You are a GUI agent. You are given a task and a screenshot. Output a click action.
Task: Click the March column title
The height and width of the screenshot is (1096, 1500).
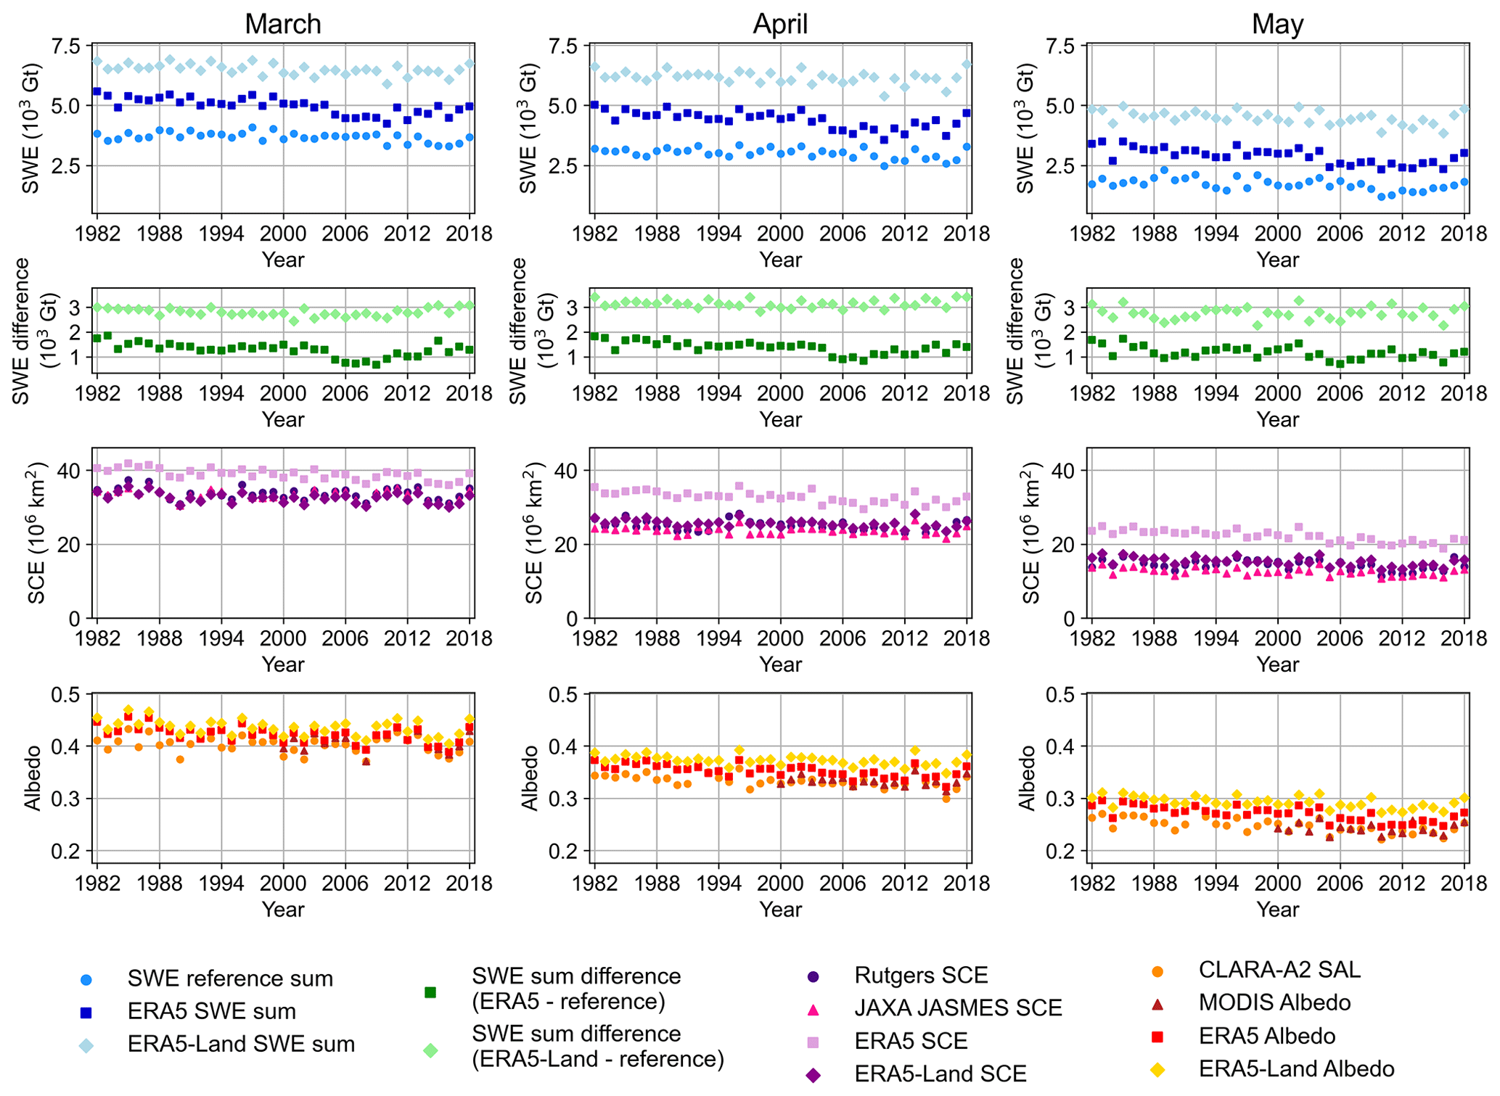click(282, 24)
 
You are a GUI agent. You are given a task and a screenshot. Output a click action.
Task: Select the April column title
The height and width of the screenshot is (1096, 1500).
click(780, 24)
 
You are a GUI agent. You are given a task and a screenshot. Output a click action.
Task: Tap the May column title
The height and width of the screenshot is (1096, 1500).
click(1277, 24)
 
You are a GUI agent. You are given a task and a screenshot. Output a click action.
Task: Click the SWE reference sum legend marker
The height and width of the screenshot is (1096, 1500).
click(86, 980)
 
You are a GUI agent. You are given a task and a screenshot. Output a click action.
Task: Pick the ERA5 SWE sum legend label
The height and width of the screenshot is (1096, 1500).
click(211, 1011)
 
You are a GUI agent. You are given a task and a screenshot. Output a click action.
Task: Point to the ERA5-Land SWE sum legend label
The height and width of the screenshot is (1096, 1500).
click(241, 1044)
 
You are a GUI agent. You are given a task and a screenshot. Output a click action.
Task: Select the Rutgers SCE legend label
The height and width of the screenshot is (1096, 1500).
click(921, 975)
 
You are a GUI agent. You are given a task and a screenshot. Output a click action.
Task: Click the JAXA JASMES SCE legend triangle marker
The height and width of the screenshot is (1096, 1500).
click(813, 1009)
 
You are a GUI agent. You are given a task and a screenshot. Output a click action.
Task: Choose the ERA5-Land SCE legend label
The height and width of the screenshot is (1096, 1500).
click(940, 1074)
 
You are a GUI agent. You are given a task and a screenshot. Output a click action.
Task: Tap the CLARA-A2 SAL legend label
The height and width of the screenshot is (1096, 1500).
click(1279, 970)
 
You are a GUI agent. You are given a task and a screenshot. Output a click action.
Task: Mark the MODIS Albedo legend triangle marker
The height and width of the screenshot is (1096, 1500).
click(1158, 1004)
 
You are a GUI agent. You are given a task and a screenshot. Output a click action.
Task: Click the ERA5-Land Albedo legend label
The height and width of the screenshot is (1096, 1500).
click(1296, 1068)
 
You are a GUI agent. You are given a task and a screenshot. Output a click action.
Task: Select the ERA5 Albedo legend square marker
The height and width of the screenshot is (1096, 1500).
click(1158, 1037)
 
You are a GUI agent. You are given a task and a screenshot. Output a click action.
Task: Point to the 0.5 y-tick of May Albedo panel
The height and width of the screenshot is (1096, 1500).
click(1062, 695)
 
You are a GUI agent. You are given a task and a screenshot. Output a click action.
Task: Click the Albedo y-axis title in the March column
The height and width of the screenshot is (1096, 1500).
click(33, 778)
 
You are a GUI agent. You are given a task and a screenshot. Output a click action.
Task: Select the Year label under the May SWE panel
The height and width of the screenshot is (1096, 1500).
click(1277, 260)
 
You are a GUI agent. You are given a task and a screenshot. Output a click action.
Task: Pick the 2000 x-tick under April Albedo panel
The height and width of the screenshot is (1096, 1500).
click(780, 883)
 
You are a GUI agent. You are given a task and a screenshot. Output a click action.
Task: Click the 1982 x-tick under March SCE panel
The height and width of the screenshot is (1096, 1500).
click(97, 638)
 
